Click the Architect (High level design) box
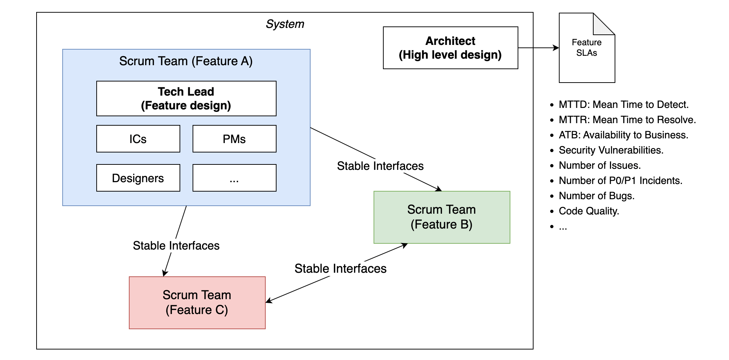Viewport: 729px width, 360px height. click(450, 48)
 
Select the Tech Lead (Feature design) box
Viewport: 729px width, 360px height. click(186, 99)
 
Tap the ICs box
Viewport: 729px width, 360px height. click(138, 139)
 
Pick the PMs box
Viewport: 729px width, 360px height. click(234, 139)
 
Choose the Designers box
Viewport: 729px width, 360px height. click(138, 178)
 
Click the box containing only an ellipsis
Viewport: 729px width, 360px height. click(234, 178)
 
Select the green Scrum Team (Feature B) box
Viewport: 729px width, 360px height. click(442, 217)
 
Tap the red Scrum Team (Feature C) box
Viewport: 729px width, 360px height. click(197, 303)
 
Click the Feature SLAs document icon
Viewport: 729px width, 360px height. click(587, 48)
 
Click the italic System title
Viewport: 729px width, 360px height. click(285, 24)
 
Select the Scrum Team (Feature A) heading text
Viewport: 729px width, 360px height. click(186, 61)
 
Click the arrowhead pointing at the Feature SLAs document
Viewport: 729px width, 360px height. click(556, 48)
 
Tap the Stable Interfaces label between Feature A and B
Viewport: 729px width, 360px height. click(380, 166)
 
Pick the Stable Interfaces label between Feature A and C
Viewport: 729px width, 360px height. click(176, 246)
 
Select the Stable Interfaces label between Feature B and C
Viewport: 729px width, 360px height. click(340, 268)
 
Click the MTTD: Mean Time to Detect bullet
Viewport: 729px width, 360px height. click(623, 105)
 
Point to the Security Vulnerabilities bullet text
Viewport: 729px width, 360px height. click(611, 150)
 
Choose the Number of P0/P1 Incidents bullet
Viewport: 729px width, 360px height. click(620, 181)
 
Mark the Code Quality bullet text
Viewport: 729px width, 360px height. click(589, 211)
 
